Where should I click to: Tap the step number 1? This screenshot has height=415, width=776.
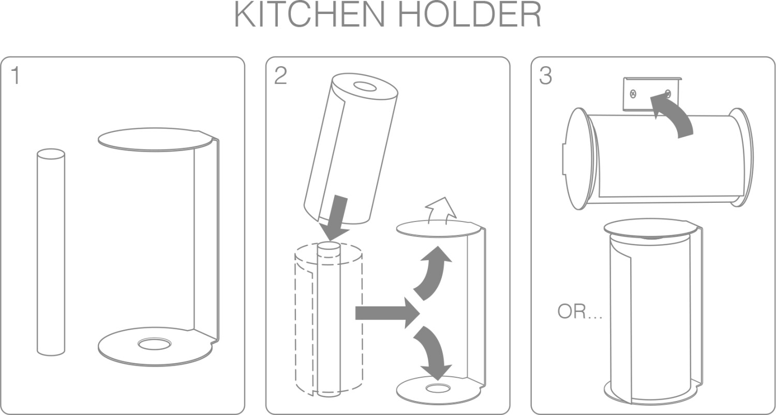[x=16, y=76]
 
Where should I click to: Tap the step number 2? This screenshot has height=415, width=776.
[x=280, y=76]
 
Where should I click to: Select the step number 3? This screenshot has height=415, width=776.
[x=545, y=76]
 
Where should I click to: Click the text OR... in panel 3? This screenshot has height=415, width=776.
[x=579, y=312]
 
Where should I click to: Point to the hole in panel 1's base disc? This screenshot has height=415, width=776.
[x=155, y=343]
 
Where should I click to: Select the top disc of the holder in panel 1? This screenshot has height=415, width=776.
[x=155, y=139]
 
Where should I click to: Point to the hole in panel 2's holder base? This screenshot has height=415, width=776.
[x=438, y=387]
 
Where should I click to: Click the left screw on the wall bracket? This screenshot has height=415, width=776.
[x=633, y=94]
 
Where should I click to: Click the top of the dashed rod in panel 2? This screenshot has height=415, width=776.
[x=329, y=246]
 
